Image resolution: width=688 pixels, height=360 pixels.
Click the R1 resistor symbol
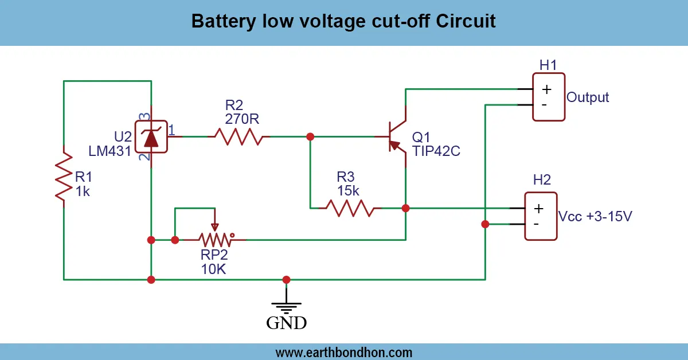pyautogui.click(x=64, y=177)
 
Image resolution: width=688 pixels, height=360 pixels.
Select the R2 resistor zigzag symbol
pyautogui.click(x=239, y=136)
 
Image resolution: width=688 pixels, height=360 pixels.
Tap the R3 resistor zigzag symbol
pyautogui.click(x=350, y=208)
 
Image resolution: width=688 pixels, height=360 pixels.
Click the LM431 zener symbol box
pyautogui.click(x=151, y=136)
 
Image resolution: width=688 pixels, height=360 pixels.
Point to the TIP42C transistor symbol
pyautogui.click(x=397, y=137)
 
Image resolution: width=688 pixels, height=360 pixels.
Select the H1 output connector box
pyautogui.click(x=548, y=96)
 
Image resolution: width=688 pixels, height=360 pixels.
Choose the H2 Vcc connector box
pyautogui.click(x=541, y=215)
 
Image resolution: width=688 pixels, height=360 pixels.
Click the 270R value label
pyautogui.click(x=242, y=119)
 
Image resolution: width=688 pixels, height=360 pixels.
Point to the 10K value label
pyautogui.click(x=213, y=268)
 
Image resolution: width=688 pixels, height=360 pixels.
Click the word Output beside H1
pyautogui.click(x=588, y=97)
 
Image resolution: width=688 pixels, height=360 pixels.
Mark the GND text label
pyautogui.click(x=286, y=323)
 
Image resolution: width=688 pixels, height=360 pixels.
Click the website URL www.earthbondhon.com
pyautogui.click(x=344, y=352)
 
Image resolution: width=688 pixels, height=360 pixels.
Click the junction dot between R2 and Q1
pyautogui.click(x=310, y=136)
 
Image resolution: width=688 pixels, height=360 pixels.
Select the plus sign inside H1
pyautogui.click(x=546, y=89)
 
